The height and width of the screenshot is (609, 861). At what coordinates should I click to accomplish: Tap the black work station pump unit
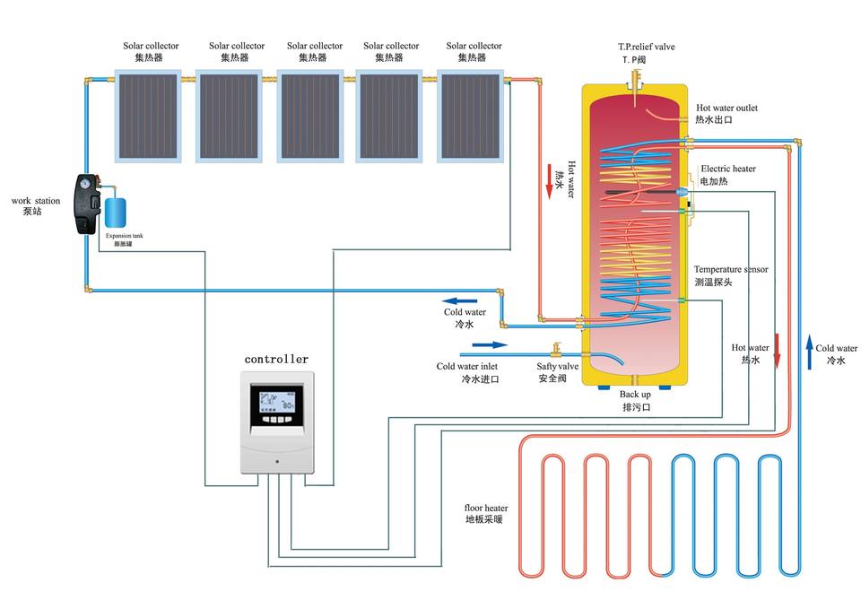[x=86, y=204]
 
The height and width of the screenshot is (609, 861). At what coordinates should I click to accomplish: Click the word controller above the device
[x=276, y=359]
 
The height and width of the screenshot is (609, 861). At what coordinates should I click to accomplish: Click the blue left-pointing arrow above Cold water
[x=462, y=300]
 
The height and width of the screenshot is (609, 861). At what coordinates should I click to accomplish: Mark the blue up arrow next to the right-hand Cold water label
[x=809, y=353]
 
